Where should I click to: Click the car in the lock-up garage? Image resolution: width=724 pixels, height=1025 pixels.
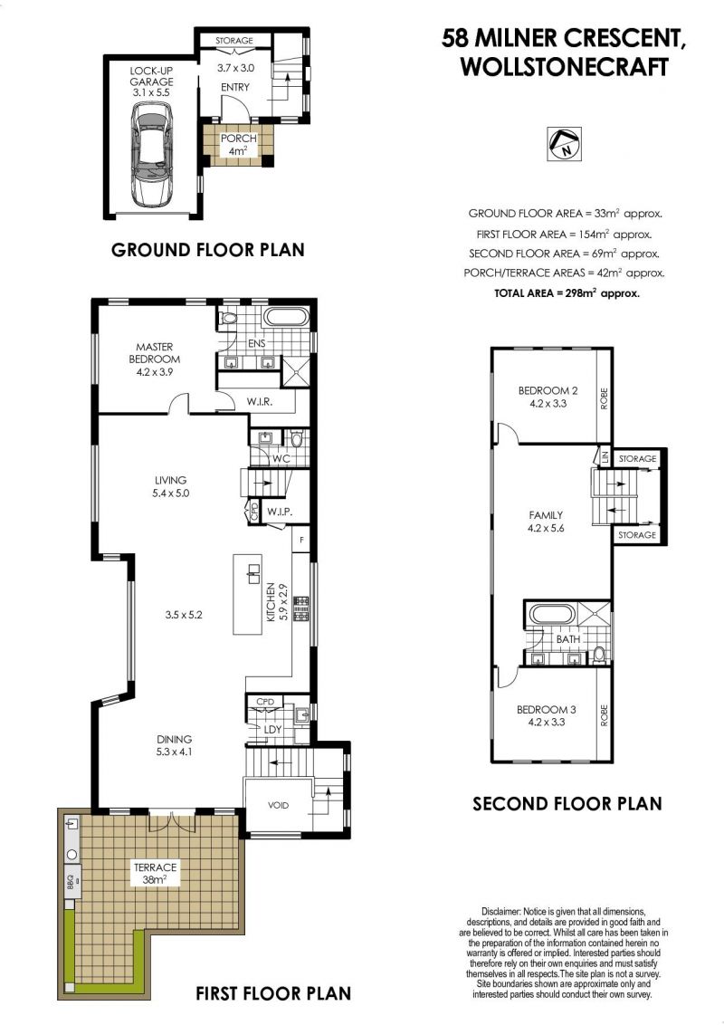click(152, 154)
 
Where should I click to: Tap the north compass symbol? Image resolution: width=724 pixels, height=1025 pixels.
click(563, 144)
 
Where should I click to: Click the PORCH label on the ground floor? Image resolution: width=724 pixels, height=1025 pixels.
click(238, 139)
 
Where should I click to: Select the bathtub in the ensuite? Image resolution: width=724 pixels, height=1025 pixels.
click(285, 318)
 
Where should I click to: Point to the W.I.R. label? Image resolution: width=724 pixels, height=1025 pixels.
click(260, 401)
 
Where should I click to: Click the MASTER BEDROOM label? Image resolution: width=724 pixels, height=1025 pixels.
click(154, 353)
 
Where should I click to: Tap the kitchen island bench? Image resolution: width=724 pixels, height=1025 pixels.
click(248, 594)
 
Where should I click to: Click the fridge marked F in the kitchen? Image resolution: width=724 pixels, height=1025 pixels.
click(301, 540)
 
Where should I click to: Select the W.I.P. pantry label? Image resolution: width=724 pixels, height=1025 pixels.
click(279, 512)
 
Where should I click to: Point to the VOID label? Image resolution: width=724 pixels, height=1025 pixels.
click(278, 805)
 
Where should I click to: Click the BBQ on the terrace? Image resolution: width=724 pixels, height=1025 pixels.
click(71, 883)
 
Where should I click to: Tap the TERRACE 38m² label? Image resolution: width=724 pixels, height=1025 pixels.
click(155, 874)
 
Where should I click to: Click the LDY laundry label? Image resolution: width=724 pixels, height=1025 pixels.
click(272, 730)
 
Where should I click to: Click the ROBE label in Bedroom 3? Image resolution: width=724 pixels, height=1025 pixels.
click(604, 716)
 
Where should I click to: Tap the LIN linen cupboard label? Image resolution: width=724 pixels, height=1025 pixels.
click(605, 456)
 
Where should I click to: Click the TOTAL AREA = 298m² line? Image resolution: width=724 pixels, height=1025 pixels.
click(567, 293)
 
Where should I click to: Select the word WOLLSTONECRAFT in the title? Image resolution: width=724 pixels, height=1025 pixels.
click(565, 67)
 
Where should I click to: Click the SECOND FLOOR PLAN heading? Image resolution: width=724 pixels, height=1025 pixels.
click(567, 803)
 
